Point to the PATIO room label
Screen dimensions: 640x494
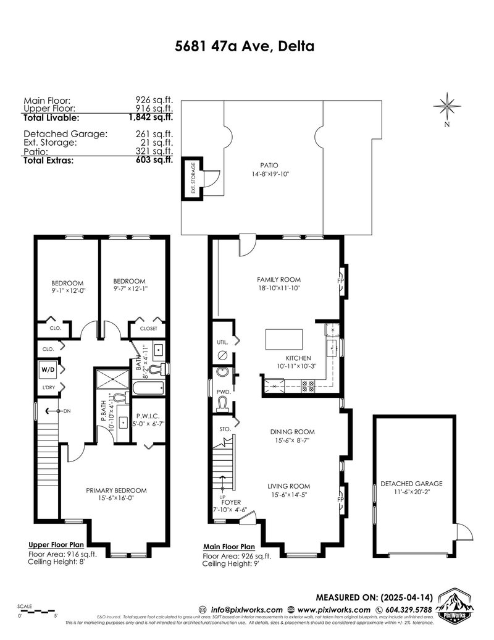click(x=269, y=166)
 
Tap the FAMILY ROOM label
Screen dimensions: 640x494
click(x=278, y=279)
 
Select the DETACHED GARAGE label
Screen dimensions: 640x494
click(x=411, y=484)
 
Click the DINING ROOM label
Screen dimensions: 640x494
click(x=292, y=432)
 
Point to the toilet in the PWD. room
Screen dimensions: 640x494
click(x=224, y=405)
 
